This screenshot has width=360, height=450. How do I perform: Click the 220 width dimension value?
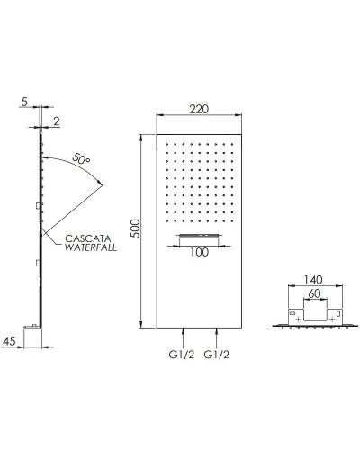point(199,109)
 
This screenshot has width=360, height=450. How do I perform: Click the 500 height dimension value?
point(136,229)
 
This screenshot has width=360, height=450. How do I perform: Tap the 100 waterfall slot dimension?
point(199,252)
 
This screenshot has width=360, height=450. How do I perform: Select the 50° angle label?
point(81,158)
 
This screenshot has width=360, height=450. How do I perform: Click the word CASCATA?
point(88,238)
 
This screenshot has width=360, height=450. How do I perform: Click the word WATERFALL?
point(91,247)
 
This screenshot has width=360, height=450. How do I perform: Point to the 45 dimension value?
point(9,341)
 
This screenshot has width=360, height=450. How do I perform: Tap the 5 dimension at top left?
point(24,102)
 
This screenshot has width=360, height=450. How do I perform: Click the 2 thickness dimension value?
point(57,121)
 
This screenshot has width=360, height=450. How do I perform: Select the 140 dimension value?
point(313,280)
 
